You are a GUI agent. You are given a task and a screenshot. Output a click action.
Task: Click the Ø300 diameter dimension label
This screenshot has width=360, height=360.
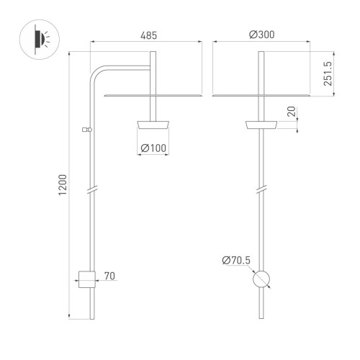tap(260, 35)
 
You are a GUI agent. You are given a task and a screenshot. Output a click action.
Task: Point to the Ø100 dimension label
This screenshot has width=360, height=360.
tap(153, 148)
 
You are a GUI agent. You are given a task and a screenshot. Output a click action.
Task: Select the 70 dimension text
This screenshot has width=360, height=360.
tap(110, 276)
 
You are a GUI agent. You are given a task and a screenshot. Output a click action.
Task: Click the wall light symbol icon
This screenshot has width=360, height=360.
tap(37, 39)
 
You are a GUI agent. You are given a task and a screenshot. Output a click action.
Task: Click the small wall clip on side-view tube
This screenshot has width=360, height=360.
tap(86, 130)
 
